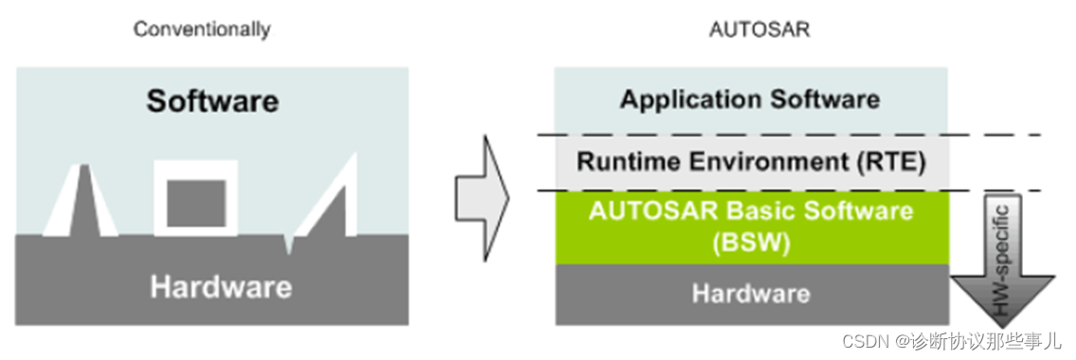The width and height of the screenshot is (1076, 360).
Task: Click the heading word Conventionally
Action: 201,29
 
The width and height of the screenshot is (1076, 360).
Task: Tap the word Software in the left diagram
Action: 212,100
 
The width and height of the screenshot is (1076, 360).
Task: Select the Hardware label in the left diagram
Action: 220,285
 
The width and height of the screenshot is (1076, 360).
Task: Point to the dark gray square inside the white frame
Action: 196,202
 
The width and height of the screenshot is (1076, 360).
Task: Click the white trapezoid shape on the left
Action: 81,201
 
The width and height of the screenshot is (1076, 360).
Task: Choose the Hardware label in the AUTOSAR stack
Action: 750,293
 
